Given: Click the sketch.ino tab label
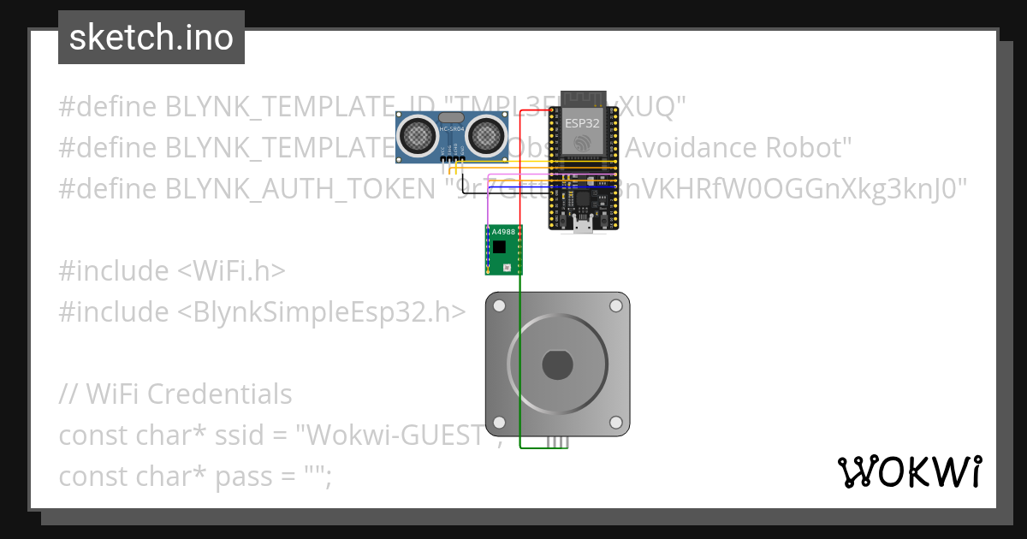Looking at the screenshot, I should [x=151, y=38].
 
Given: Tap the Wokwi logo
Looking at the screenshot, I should [x=909, y=471].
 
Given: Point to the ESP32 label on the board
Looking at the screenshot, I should [x=582, y=122].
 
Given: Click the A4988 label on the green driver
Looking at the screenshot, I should [x=503, y=232].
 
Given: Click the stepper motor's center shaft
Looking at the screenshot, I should [x=557, y=365].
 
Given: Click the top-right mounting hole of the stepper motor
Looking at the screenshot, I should [x=615, y=306].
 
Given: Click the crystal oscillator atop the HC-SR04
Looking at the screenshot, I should [x=450, y=117].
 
